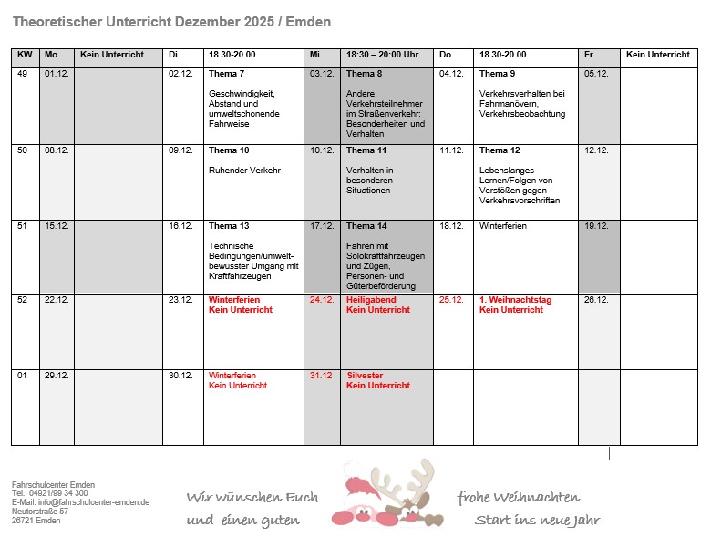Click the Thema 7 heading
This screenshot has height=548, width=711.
[226, 74]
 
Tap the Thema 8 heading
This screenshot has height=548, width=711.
[365, 74]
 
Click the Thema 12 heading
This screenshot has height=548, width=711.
[500, 150]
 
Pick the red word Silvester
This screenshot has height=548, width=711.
[365, 376]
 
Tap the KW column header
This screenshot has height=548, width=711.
[25, 55]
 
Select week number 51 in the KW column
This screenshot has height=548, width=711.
[23, 226]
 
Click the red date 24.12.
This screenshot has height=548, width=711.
[321, 299]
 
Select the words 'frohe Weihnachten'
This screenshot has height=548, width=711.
[518, 498]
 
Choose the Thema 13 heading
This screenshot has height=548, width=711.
[229, 226]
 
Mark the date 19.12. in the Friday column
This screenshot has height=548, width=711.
[596, 226]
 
